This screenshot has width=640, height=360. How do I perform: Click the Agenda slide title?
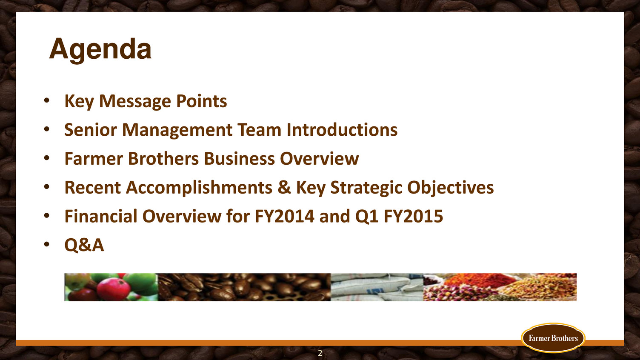(x=100, y=49)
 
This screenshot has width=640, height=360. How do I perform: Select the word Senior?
(x=91, y=130)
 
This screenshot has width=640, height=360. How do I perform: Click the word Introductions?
(x=342, y=130)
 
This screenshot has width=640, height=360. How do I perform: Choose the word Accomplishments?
(x=199, y=188)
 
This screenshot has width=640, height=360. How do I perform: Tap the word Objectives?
(x=451, y=188)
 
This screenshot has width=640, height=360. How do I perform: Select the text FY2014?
(x=284, y=216)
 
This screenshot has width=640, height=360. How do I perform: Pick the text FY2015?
(x=414, y=216)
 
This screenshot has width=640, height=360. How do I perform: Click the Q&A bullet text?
(x=84, y=245)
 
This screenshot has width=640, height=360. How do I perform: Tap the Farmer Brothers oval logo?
(x=553, y=338)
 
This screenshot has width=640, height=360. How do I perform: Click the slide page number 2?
(x=320, y=353)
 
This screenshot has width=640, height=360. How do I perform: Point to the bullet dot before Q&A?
(x=47, y=244)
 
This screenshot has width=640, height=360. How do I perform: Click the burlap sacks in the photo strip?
(x=377, y=287)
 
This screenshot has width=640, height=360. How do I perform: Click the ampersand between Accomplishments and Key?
(x=284, y=188)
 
